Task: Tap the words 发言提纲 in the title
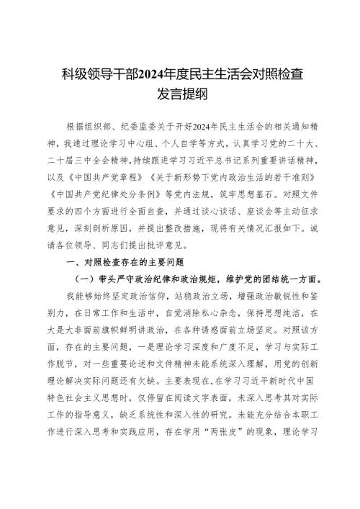click(x=180, y=92)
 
